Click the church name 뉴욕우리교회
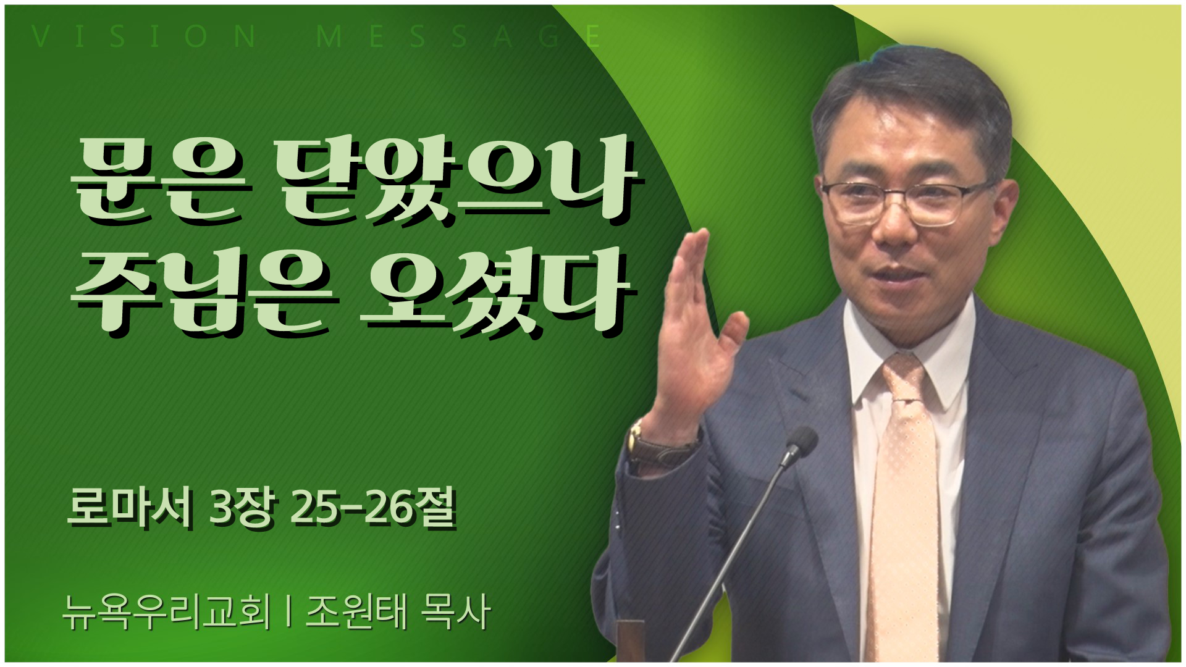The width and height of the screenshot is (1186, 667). click(x=167, y=613)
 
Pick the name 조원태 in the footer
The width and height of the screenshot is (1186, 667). click(x=355, y=613)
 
